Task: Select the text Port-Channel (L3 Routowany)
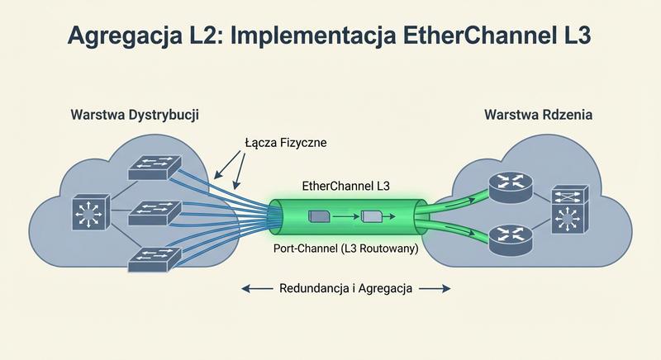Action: pyautogui.click(x=344, y=248)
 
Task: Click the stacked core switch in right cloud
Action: pyautogui.click(x=569, y=211)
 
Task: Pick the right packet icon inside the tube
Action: pyautogui.click(x=372, y=216)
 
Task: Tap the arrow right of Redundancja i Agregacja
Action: pyautogui.click(x=435, y=288)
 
